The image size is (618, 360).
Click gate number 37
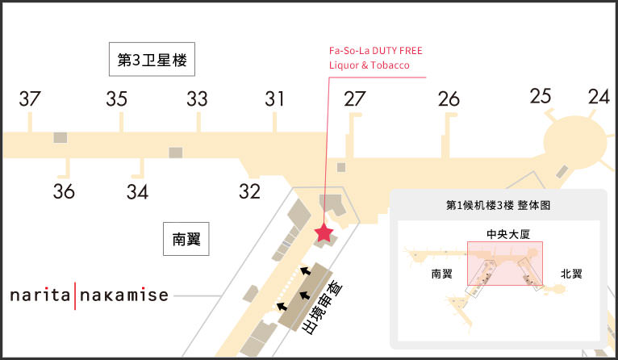tap(30, 99)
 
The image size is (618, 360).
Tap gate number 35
tap(117, 99)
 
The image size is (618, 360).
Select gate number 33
tap(197, 99)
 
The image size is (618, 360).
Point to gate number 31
tap(275, 99)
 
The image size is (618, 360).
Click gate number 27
tap(354, 99)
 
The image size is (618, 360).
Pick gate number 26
tap(449, 99)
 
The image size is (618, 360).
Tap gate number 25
tap(541, 96)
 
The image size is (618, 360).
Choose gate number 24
tap(599, 97)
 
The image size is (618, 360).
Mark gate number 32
tap(249, 192)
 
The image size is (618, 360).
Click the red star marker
tap(324, 234)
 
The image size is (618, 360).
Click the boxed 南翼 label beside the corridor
tap(186, 239)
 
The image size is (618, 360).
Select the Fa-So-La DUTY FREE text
tap(375, 51)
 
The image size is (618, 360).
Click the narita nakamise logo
tap(89, 295)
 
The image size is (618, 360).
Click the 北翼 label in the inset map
tap(571, 274)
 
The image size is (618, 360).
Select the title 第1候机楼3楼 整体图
tap(498, 206)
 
